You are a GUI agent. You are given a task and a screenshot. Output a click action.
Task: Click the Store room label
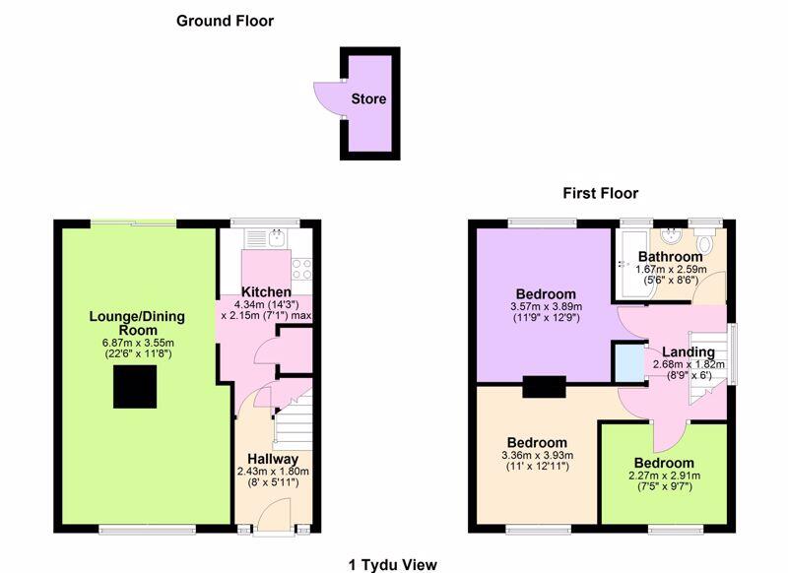pos(368,98)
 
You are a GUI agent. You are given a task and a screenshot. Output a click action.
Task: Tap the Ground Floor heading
pos(226,21)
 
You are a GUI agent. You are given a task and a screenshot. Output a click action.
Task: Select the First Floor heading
pos(601,193)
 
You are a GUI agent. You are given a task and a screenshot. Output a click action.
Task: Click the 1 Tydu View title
pos(392,565)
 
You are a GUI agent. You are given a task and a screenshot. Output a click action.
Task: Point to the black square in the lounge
pos(135,386)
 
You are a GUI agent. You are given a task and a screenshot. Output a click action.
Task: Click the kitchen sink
pos(277,237)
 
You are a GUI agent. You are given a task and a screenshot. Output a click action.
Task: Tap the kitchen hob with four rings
pos(301,269)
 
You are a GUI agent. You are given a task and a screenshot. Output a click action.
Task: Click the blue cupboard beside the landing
pos(629,362)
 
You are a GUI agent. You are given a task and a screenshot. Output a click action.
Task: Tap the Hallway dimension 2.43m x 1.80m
pos(273,472)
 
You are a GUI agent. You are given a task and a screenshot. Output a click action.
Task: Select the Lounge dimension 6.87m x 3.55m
pos(138,343)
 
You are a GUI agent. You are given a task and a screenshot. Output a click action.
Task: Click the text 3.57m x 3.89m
pos(547,306)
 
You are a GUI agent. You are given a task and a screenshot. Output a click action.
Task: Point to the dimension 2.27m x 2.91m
pos(664,476)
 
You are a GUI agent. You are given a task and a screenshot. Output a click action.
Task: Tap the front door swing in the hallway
pos(274,511)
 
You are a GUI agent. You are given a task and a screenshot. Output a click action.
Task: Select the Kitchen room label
pos(266,291)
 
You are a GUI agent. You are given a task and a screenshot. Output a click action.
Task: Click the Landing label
pos(688,352)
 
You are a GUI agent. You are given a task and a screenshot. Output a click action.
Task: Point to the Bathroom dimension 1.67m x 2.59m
pos(671,269)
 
